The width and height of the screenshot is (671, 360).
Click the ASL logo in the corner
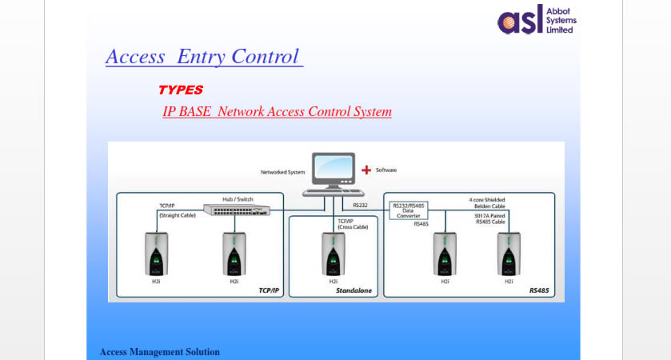click(534, 20)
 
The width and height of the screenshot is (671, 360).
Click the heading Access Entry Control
click(204, 57)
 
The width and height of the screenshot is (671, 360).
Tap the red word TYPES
click(180, 90)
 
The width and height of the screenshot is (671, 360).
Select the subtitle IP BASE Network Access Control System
click(277, 111)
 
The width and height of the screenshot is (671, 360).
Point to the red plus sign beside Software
click(366, 170)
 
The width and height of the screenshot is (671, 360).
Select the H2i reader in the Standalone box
click(333, 254)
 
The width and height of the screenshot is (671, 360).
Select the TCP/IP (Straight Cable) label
click(173, 210)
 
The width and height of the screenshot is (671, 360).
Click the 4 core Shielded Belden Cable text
click(487, 202)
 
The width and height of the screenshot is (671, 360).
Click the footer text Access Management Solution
click(159, 352)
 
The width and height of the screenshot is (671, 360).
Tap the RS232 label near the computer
click(360, 205)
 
